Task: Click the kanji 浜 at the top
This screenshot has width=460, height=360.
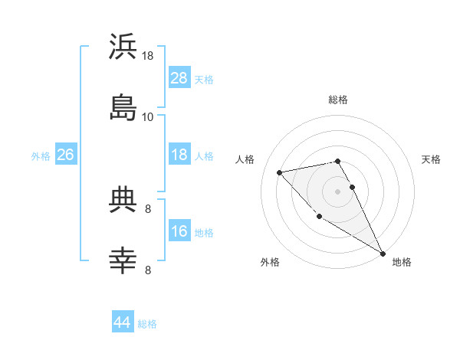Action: point(123,47)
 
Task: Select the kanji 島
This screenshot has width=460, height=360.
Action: point(123,107)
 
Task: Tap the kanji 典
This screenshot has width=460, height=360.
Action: point(123,200)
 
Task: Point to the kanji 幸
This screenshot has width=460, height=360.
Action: point(123,260)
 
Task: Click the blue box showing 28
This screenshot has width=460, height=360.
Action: point(179,78)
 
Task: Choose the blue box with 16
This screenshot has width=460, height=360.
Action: point(179,231)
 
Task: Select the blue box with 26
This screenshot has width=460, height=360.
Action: point(66,155)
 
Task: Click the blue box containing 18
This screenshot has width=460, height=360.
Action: point(179,155)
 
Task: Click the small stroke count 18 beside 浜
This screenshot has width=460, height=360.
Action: point(148,56)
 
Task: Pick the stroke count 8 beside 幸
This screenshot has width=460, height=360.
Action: point(148,270)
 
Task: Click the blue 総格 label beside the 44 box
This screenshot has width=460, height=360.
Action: point(147,324)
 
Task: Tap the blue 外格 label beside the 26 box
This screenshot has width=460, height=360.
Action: point(41,155)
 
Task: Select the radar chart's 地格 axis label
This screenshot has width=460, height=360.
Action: point(402,262)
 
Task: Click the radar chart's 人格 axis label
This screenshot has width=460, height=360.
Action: point(246,159)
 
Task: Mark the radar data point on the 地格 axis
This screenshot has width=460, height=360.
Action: point(383,254)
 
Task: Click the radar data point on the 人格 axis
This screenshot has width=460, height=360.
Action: point(280,172)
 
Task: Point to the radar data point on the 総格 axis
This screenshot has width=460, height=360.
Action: point(338,161)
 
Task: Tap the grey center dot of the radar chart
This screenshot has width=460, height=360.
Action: point(338,191)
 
